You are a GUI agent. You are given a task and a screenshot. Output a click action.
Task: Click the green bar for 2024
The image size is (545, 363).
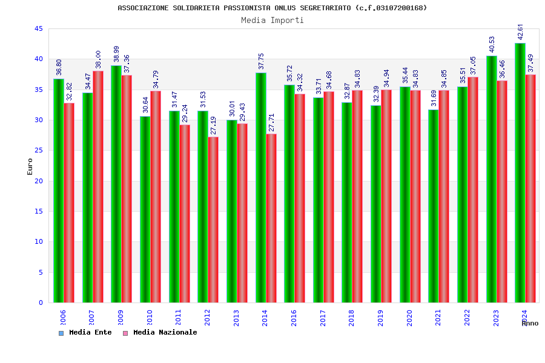click(x=520, y=172)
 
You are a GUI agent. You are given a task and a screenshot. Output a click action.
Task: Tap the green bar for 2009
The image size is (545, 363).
click(x=116, y=184)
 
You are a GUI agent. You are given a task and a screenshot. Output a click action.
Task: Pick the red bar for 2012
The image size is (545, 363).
click(x=214, y=220)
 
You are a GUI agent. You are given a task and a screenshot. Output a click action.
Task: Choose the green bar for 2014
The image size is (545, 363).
click(x=260, y=188)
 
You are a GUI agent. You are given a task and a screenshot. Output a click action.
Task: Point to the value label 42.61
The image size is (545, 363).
click(x=521, y=32)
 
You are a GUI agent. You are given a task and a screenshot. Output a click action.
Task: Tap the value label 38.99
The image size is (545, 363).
click(x=116, y=54)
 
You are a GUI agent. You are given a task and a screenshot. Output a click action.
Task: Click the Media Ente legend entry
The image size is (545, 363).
click(x=85, y=333)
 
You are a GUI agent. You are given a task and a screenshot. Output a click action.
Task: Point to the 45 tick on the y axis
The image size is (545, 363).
click(x=38, y=29)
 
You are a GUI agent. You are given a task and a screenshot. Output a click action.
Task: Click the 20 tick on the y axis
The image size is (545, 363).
click(x=38, y=181)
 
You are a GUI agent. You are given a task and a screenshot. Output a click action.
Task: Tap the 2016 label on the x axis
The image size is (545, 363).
click(x=294, y=318)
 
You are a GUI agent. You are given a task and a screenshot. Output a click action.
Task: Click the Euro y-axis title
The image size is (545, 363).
click(x=30, y=166)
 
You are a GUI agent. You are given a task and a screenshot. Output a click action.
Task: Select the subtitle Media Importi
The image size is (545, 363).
click(x=272, y=20)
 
